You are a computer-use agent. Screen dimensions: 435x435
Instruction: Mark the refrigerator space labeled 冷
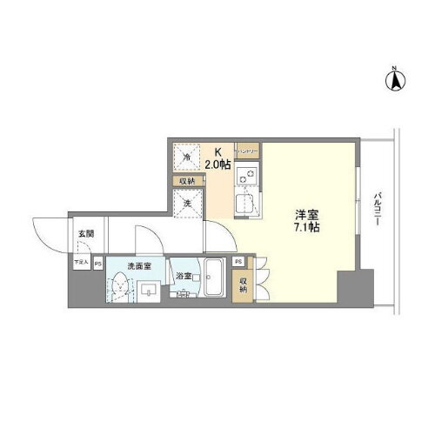point(188,157)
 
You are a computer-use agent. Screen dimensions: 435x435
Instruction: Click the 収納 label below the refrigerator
point(188,181)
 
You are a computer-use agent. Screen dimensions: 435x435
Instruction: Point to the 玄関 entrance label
point(85,232)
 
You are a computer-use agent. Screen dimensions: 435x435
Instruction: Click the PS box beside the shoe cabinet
point(98,263)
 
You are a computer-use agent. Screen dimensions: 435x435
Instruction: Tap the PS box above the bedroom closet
point(238,261)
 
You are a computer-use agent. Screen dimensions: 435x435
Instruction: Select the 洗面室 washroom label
point(138,265)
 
